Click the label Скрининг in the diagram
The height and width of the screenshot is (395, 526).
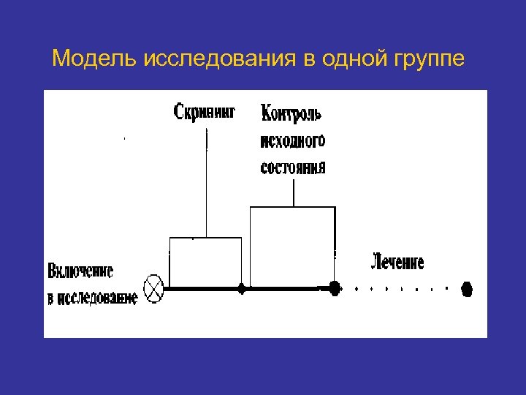(205, 113)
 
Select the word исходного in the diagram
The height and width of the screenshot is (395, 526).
(293, 140)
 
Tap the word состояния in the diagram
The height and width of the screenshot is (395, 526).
(293, 167)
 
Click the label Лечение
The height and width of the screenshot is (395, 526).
(398, 261)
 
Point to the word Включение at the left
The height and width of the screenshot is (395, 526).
(80, 271)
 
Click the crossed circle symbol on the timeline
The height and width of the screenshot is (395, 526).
(154, 288)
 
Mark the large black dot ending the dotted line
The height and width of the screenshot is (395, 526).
(466, 289)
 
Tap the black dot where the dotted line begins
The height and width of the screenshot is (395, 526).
(335, 288)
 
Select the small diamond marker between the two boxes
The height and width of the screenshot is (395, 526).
(242, 289)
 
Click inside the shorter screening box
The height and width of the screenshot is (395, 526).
(205, 262)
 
